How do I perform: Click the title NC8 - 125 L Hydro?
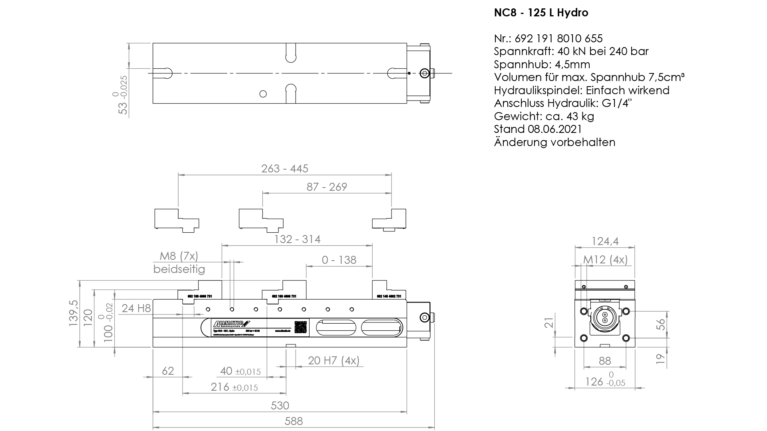(x=541, y=13)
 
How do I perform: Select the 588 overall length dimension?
(x=294, y=421)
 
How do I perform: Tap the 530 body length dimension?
(x=280, y=405)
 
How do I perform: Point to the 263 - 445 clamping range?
(x=285, y=168)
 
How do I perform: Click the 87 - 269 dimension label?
(x=327, y=187)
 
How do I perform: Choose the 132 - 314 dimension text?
(x=297, y=239)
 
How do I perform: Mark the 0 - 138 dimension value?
(x=339, y=260)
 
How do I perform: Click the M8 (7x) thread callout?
(x=179, y=256)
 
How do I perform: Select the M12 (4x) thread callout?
(x=606, y=260)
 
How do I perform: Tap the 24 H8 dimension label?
(x=136, y=308)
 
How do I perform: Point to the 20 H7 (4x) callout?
(x=334, y=361)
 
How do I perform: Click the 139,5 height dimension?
(x=74, y=314)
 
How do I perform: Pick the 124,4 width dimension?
(x=605, y=241)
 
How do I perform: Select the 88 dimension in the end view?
(x=605, y=361)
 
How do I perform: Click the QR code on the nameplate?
(x=301, y=327)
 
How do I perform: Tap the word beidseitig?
(x=179, y=269)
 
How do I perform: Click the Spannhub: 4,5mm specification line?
(x=542, y=64)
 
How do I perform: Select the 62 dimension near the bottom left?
(x=168, y=371)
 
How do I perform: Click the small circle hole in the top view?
(x=263, y=94)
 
